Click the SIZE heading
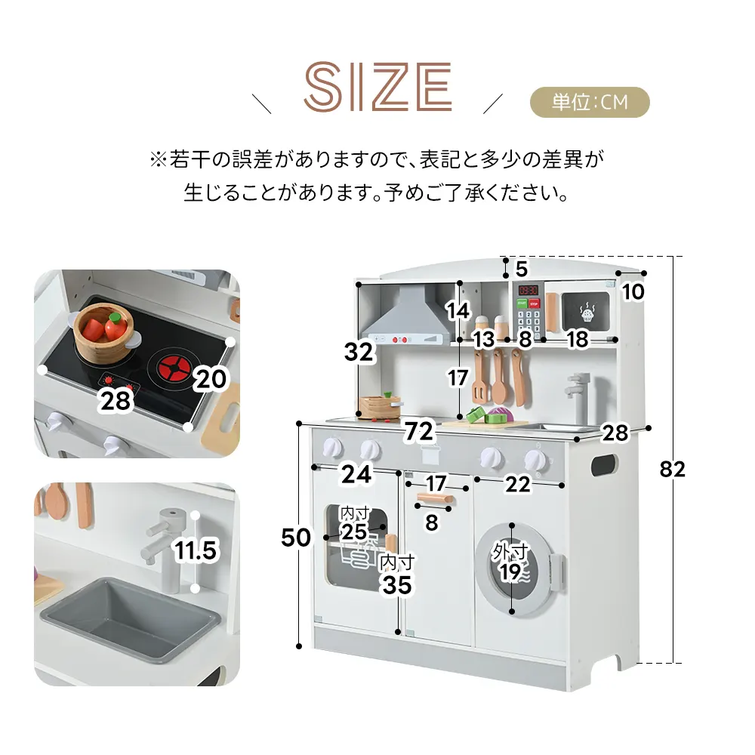[x=378, y=87]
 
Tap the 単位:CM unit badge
[x=590, y=102]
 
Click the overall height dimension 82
[x=672, y=469]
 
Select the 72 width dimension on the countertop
[x=419, y=431]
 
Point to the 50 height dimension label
[x=296, y=538]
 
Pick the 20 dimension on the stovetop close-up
[x=211, y=379]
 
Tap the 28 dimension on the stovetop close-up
[x=115, y=401]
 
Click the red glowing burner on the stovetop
[x=174, y=368]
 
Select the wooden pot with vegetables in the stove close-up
[x=104, y=333]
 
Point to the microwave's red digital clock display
[x=528, y=290]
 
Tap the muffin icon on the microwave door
[x=587, y=313]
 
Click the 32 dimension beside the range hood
[x=359, y=352]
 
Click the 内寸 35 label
[x=397, y=575]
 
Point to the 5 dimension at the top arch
[x=522, y=269]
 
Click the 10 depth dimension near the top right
[x=633, y=291]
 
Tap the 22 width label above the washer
[x=518, y=484]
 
